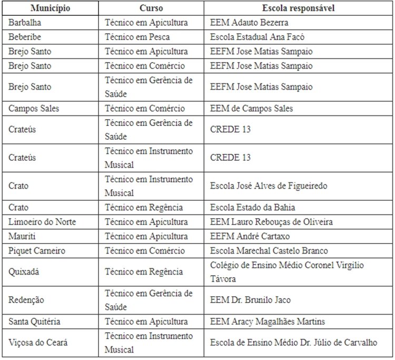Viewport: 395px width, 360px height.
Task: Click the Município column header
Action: coord(50,9)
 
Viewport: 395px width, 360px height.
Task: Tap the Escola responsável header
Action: coord(299,9)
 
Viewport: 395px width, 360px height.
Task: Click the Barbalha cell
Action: coord(25,23)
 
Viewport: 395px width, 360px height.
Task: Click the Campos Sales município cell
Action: coord(34,109)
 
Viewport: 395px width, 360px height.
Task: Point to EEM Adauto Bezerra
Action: coord(249,23)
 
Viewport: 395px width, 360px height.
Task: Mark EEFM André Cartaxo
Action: coord(250,236)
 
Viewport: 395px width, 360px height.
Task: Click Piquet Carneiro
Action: coord(37,251)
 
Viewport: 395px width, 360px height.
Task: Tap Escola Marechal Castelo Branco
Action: coord(269,251)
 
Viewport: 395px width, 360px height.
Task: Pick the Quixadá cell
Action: coord(24,272)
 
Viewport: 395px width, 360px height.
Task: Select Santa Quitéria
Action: coord(34,322)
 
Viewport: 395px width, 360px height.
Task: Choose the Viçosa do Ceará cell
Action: coord(38,343)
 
